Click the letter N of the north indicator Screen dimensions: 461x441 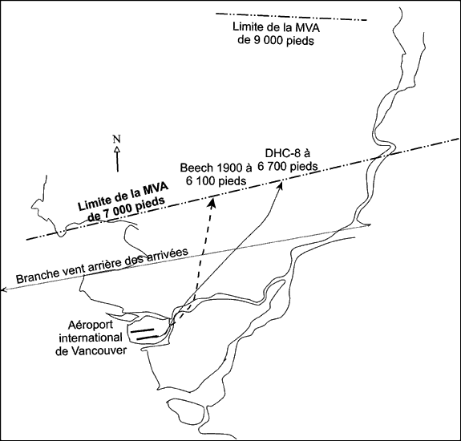click(x=117, y=139)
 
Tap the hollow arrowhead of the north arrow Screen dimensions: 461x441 click(x=117, y=149)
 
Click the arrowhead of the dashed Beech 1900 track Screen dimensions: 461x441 click(x=212, y=202)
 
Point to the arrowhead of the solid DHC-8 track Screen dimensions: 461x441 click(x=281, y=185)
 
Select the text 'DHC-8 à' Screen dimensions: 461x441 click(x=288, y=153)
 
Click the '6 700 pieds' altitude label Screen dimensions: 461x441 click(x=288, y=167)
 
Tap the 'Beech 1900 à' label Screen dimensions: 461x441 click(x=216, y=168)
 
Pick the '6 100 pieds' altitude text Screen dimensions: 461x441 click(x=216, y=181)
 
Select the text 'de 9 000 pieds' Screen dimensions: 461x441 click(x=276, y=40)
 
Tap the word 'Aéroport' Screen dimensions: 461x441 click(x=91, y=326)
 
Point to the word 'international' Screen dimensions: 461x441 click(x=91, y=338)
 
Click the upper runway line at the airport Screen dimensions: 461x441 click(x=142, y=330)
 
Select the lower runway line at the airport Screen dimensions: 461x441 click(x=148, y=338)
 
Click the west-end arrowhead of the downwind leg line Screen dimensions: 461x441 click(x=3, y=290)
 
